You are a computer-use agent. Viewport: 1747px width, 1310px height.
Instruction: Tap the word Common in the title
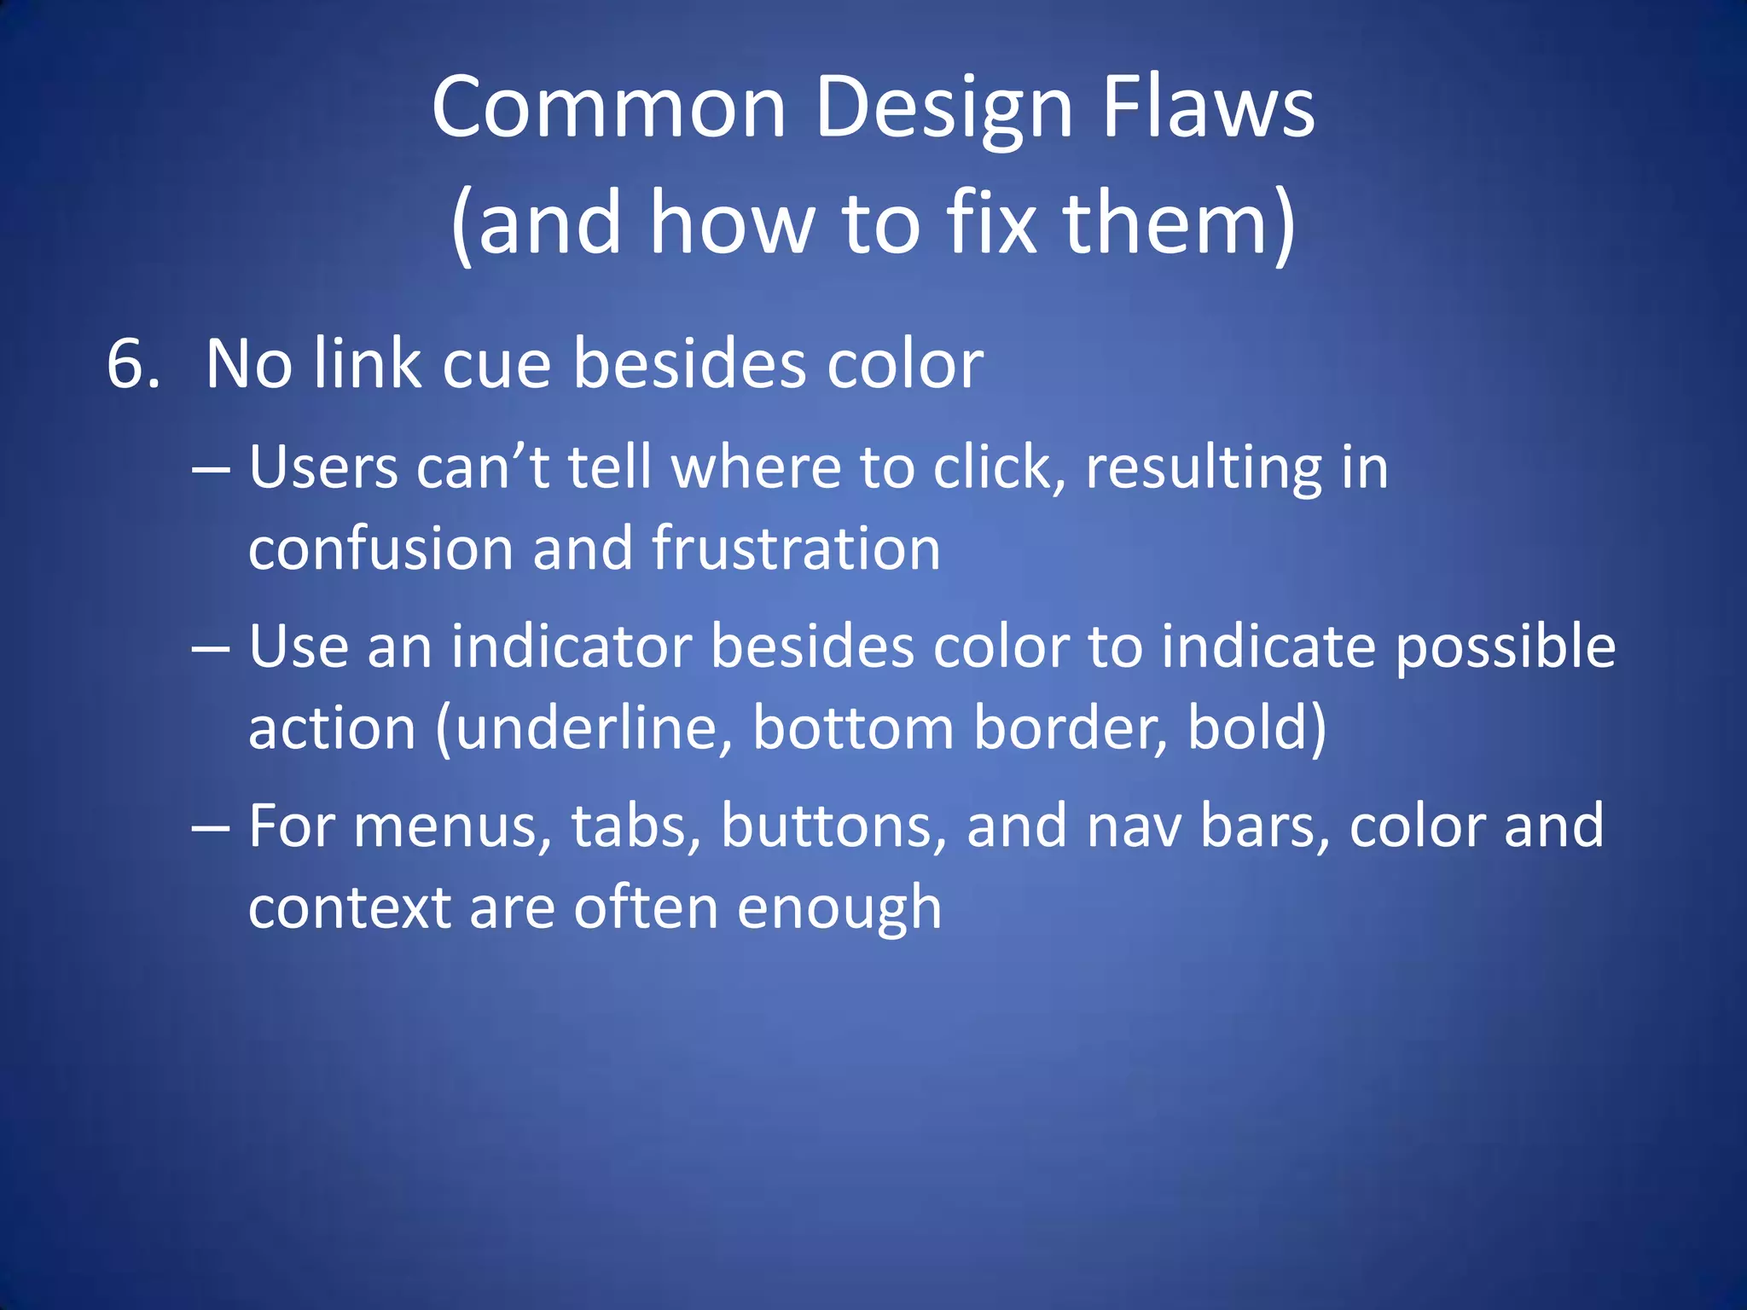(608, 108)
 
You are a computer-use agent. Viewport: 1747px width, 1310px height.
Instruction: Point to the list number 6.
(133, 365)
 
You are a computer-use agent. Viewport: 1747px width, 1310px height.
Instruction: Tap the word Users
(323, 469)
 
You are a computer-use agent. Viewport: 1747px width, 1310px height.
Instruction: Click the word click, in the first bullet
(999, 469)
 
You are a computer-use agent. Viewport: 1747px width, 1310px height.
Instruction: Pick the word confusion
(381, 548)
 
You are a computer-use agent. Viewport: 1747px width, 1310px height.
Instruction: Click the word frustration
(796, 548)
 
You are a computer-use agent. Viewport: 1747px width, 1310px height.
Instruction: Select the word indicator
(572, 646)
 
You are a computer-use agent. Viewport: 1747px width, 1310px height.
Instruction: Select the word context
(349, 908)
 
